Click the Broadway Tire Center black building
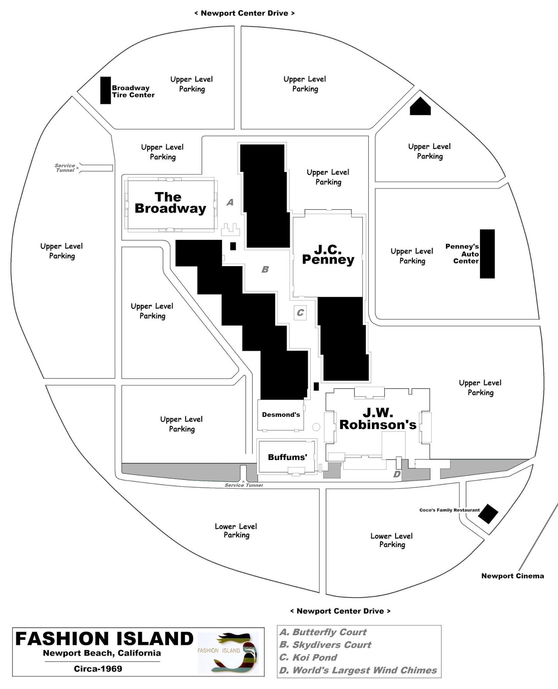coord(106,90)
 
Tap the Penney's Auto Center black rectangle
coord(487,254)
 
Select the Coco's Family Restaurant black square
coord(489,513)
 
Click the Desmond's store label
coord(281,415)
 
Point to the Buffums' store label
coord(287,457)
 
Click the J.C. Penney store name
coord(328,254)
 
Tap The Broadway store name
coord(170,203)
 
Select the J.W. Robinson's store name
coord(378,419)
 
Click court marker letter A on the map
coord(230,202)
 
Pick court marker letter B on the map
coord(265,270)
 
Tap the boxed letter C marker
coord(300,313)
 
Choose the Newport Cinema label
coord(512,576)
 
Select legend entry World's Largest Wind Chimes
coord(358,670)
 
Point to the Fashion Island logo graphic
coord(228,652)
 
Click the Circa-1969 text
coord(98,669)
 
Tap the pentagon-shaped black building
coord(420,106)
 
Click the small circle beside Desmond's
coord(316,427)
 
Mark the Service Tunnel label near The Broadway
coord(65,168)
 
